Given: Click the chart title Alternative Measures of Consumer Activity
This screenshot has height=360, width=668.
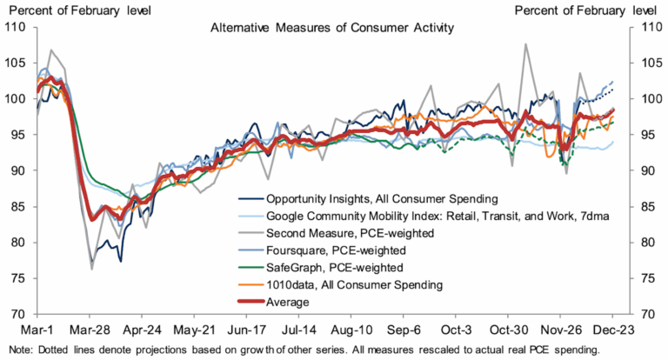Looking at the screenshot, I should [332, 29].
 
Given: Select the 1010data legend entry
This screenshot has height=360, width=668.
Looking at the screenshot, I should [354, 284].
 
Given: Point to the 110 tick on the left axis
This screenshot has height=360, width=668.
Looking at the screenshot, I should [15, 27].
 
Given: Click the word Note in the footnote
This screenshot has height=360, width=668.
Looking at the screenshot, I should [17, 349].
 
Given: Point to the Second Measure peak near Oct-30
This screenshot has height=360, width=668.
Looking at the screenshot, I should [526, 44].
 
